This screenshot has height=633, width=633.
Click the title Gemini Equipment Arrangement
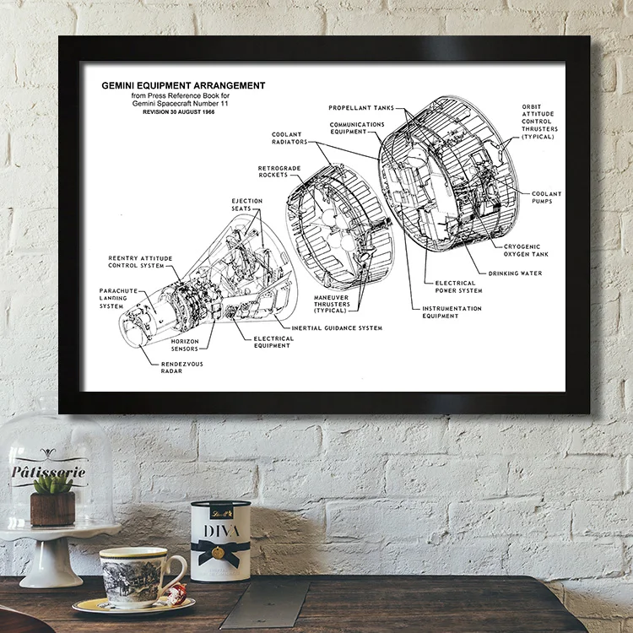click(183, 85)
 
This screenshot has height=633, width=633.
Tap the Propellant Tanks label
click(360, 108)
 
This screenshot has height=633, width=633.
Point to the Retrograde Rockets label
click(279, 171)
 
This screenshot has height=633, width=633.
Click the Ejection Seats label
click(247, 204)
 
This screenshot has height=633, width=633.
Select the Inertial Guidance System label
click(337, 327)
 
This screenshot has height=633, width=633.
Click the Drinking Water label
click(515, 273)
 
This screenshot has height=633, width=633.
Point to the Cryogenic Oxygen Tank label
click(527, 251)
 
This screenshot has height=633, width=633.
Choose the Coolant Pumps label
click(546, 197)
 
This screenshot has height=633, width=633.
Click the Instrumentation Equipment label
click(452, 312)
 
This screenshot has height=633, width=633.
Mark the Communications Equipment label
click(357, 128)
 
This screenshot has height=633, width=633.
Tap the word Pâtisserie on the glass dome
click(48, 471)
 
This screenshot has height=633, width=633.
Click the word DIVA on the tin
click(221, 531)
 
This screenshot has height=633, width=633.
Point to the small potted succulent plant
click(52, 499)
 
